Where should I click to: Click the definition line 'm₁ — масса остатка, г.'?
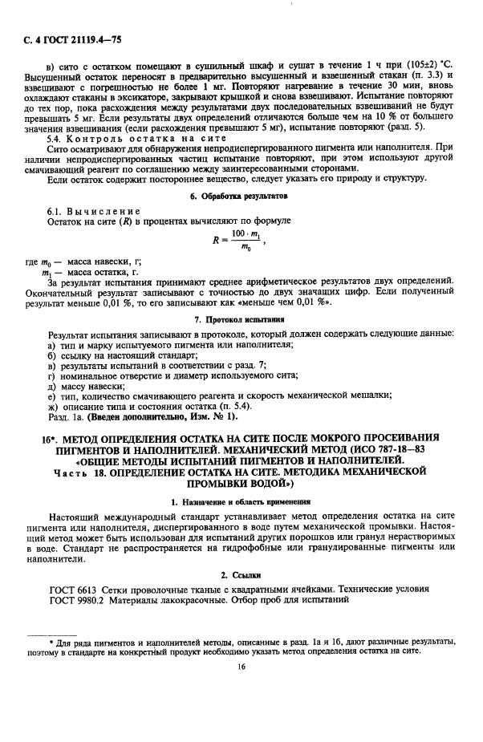click(x=96, y=272)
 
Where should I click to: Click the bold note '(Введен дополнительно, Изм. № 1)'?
click(x=167, y=416)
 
